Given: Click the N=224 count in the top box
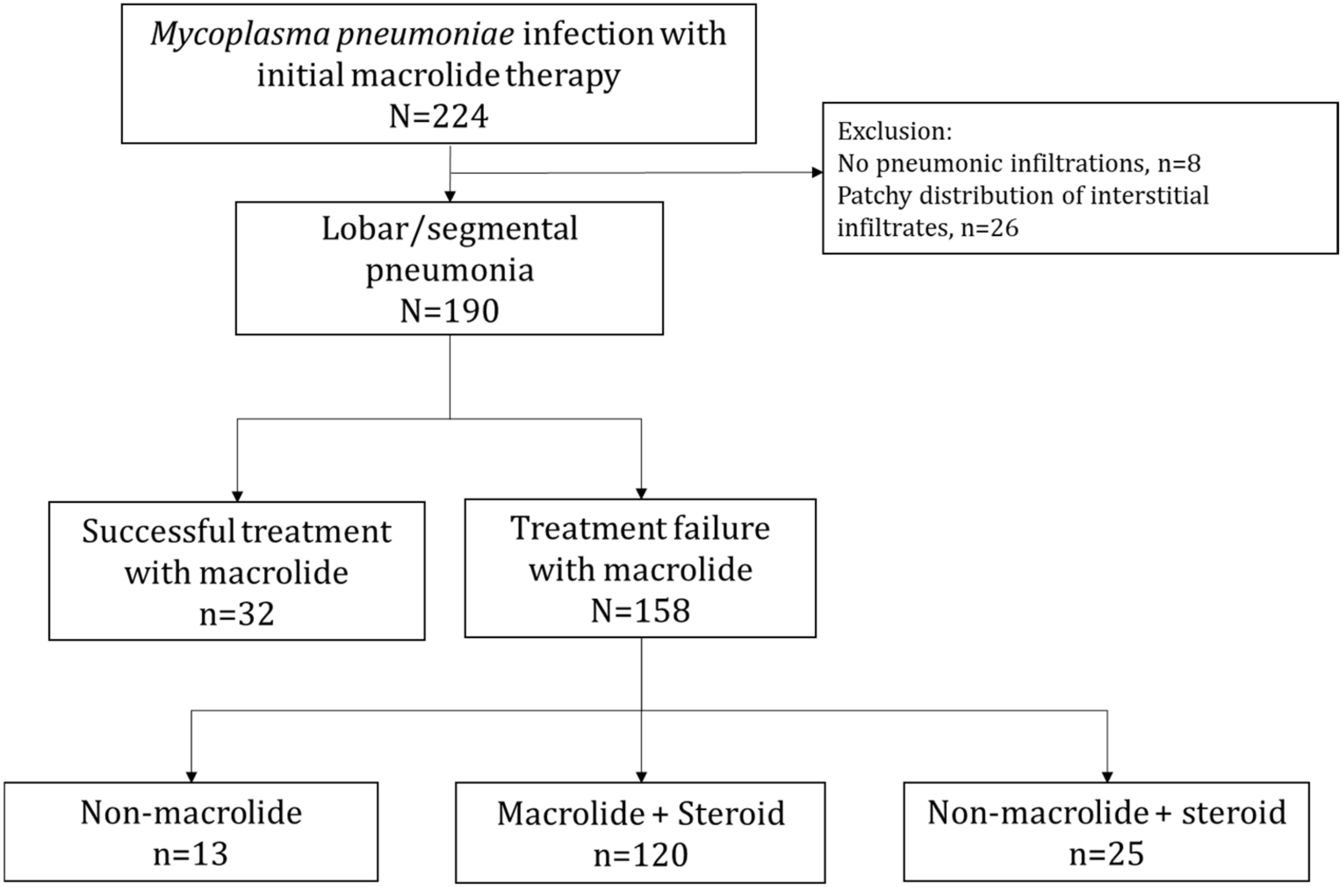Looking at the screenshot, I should click(439, 117).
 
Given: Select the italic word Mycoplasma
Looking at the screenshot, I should click(240, 34).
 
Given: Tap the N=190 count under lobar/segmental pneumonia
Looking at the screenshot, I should click(449, 311).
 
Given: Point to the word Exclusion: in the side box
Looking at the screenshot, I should click(894, 131).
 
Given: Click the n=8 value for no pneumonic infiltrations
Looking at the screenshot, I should click(1179, 163).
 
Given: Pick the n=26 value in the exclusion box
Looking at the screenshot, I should click(990, 228).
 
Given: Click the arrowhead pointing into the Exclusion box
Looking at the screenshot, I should click(817, 172).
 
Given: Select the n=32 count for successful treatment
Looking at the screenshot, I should click(237, 614).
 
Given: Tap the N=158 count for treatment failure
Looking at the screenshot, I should click(641, 611).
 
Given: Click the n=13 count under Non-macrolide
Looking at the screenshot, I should click(191, 854).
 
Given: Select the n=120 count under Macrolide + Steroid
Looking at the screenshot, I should click(641, 855).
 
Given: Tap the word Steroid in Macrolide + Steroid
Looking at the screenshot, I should click(731, 813).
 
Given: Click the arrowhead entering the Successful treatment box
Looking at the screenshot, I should click(237, 496).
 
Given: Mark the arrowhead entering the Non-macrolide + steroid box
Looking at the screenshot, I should click(1107, 777).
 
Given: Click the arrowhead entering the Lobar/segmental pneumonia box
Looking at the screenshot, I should click(450, 196).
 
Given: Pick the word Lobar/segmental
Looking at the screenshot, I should click(449, 229).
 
